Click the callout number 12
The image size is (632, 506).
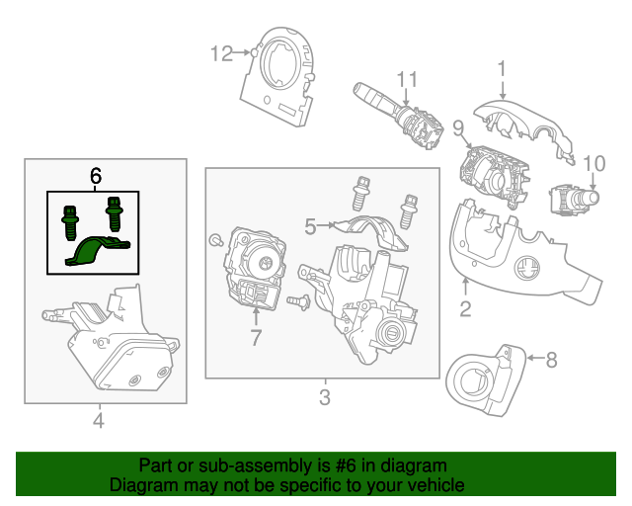click(220, 52)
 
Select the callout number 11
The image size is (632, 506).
click(408, 78)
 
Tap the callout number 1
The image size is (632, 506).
click(501, 68)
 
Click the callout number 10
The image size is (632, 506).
click(593, 163)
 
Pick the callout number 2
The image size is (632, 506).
click(464, 308)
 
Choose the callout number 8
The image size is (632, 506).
click(552, 360)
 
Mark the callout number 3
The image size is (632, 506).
click(323, 398)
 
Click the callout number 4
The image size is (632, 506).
click(98, 422)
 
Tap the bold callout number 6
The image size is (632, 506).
click(96, 176)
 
